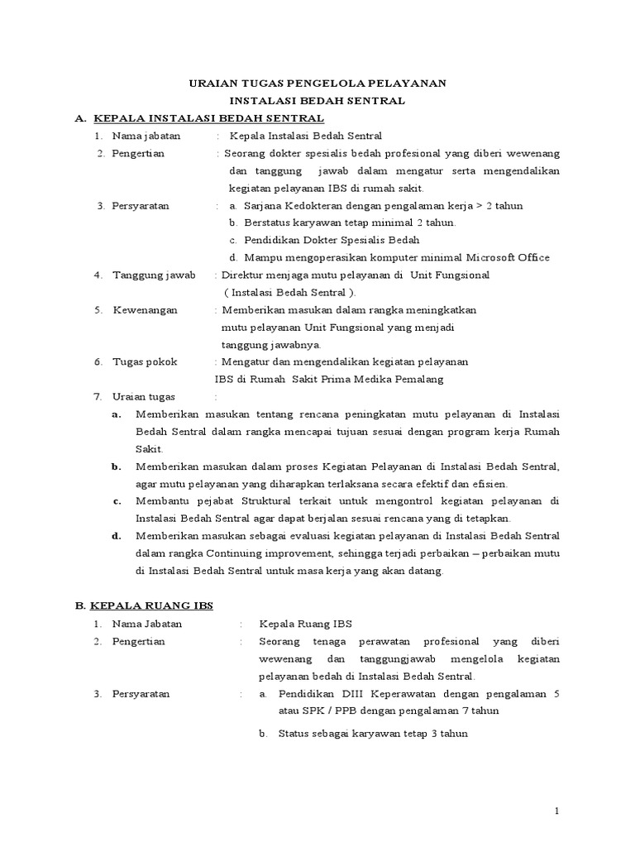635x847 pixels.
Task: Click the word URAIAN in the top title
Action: click(x=210, y=84)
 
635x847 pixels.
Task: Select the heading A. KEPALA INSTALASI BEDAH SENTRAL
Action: click(x=198, y=119)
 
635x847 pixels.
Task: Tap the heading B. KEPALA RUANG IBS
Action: click(x=144, y=605)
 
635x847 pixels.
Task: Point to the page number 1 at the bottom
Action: click(x=558, y=811)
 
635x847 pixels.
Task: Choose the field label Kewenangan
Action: click(x=143, y=310)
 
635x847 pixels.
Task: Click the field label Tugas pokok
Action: click(x=145, y=362)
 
